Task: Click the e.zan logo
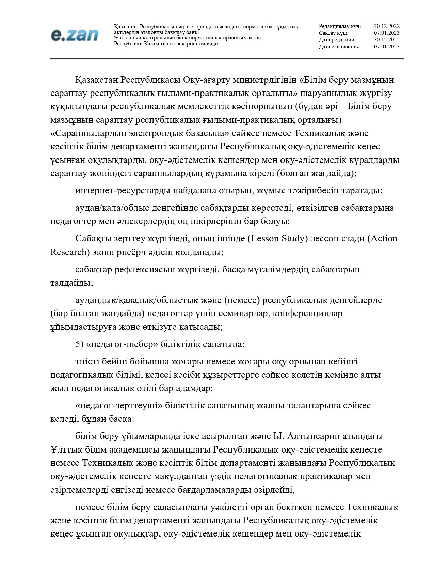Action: click(x=75, y=35)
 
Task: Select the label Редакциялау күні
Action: click(x=340, y=26)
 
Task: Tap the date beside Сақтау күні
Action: click(x=387, y=33)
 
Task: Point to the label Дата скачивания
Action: click(x=339, y=47)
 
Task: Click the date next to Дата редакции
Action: click(x=387, y=40)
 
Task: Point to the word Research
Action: click(x=69, y=252)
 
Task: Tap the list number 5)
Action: click(x=79, y=344)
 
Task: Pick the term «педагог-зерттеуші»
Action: click(x=118, y=405)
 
